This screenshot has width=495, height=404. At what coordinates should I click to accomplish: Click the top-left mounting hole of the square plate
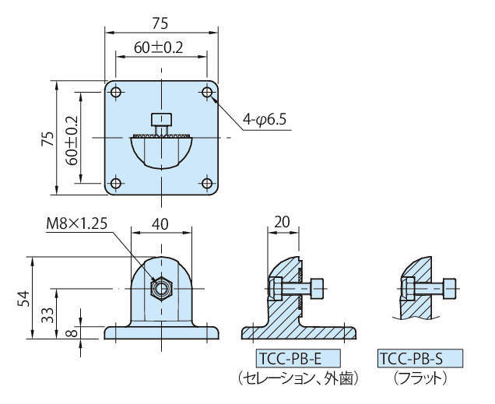(116, 93)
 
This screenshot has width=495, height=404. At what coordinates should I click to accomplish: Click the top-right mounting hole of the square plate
(207, 93)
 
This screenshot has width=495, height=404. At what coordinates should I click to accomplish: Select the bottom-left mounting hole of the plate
(116, 184)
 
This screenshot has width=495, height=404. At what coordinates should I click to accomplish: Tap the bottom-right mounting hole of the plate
(207, 184)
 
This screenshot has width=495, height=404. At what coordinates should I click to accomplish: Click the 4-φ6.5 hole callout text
(265, 120)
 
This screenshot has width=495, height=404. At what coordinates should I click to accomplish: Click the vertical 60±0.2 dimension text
(72, 139)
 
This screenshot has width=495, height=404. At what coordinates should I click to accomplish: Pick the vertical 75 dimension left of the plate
(47, 139)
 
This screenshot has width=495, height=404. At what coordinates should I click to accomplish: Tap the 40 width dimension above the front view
(160, 223)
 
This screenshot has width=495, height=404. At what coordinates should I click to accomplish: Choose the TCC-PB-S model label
(420, 359)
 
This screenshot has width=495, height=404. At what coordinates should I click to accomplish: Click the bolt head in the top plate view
(161, 121)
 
